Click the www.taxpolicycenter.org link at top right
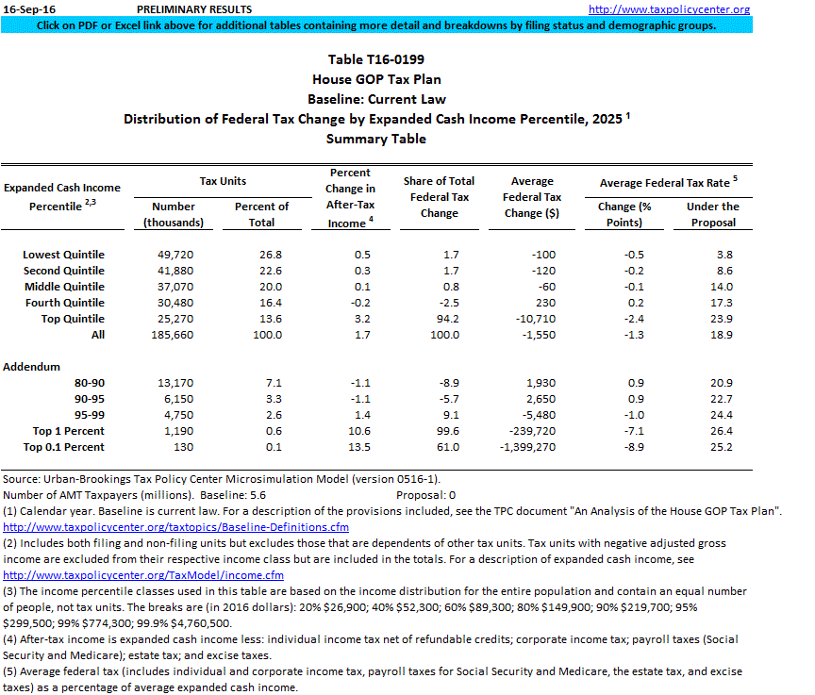pyautogui.click(x=682, y=9)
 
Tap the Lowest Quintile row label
pyautogui.click(x=64, y=255)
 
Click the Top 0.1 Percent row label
pyautogui.click(x=64, y=447)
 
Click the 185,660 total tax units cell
pyautogui.click(x=174, y=335)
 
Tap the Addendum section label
pyautogui.click(x=32, y=367)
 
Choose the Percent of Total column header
pyautogui.click(x=261, y=214)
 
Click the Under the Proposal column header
pyautogui.click(x=712, y=214)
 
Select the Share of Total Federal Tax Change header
pyautogui.click(x=439, y=197)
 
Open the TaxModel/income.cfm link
pyautogui.click(x=143, y=575)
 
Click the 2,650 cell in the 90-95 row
pyautogui.click(x=541, y=399)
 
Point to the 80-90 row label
pyautogui.click(x=89, y=383)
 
